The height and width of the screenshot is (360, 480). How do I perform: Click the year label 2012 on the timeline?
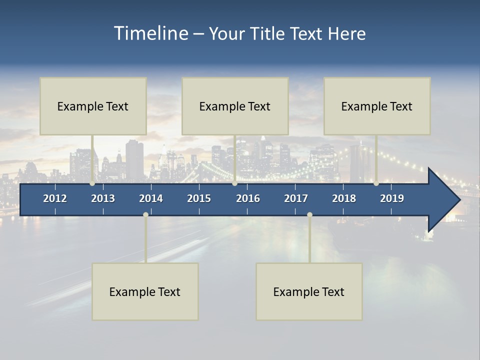point(55,198)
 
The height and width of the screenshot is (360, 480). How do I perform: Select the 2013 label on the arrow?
point(103,198)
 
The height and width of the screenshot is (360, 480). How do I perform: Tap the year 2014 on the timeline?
point(151,198)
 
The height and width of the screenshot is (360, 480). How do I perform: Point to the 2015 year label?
point(199,198)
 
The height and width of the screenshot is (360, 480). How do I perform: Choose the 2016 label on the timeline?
point(248,198)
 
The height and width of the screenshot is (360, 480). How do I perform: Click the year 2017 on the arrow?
point(296,198)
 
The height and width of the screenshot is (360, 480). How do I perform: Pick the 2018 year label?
point(344,198)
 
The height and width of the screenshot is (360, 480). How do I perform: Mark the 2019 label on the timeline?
point(392,198)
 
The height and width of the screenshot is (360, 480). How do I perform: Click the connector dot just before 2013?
point(92,183)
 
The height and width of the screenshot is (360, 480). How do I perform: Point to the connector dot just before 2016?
point(235,183)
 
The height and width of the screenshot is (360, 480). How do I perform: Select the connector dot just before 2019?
point(376,183)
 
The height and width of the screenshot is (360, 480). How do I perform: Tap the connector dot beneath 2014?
point(145,215)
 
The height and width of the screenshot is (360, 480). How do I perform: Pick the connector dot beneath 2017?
point(309,215)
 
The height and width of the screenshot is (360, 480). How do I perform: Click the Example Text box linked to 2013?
point(93,106)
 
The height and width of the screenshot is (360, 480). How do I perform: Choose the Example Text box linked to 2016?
point(235,106)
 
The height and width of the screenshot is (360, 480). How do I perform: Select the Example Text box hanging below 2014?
point(145,291)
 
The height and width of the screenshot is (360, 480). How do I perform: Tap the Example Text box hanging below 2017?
point(309,291)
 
